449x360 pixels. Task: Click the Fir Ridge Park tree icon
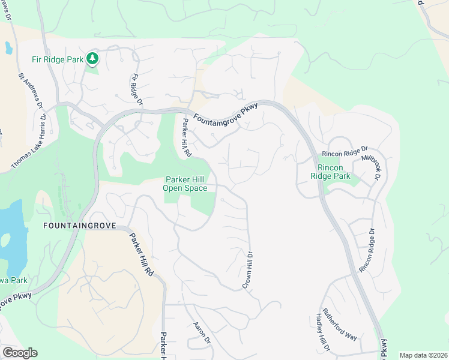coord(92,58)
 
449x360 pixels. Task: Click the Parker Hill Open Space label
coord(185,184)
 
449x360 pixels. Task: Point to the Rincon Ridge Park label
coord(334,172)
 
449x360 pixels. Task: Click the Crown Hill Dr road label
coord(247,270)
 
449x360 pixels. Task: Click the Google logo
coord(20,353)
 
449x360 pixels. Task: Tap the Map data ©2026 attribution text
coord(423,355)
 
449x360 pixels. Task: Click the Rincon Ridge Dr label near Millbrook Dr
coord(344,154)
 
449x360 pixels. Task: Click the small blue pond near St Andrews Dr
coord(8,47)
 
